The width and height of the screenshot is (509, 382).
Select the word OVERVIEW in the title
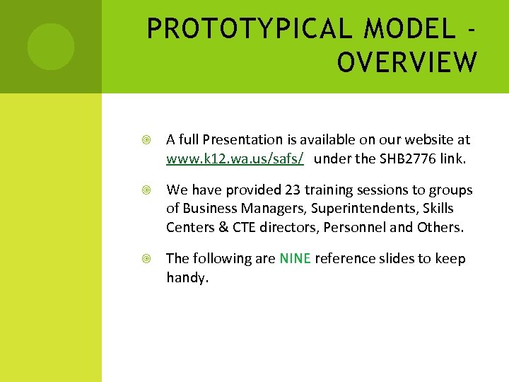click(x=407, y=62)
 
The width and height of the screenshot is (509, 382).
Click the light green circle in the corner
click(x=50, y=47)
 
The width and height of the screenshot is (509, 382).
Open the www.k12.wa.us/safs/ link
click(x=235, y=159)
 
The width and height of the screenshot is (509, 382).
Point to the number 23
click(x=293, y=190)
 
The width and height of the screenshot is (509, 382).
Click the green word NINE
click(x=295, y=259)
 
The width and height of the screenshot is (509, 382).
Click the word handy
click(x=187, y=278)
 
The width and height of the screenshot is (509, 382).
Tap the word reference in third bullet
click(x=346, y=259)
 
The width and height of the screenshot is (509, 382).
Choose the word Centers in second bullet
click(x=190, y=227)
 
